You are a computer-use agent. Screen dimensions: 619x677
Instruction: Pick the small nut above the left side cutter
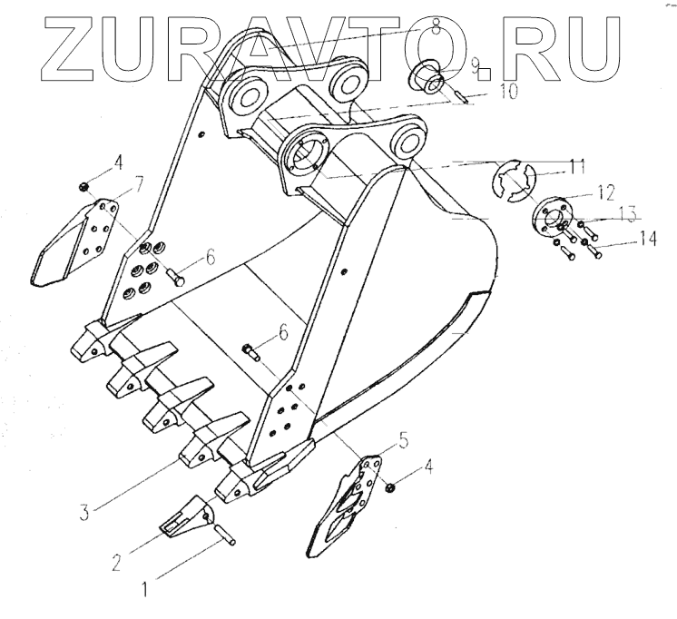(83, 187)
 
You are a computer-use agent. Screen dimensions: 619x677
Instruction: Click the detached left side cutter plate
(76, 241)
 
